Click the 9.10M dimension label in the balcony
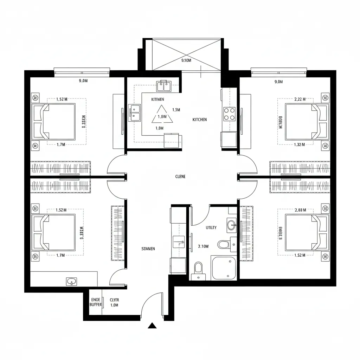186,60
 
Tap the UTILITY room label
211,227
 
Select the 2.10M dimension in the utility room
204,246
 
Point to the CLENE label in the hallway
180,176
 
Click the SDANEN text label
148,249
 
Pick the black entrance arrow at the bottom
152,326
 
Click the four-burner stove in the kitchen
230,114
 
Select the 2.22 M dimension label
300,99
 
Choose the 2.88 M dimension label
300,210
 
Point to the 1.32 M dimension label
300,144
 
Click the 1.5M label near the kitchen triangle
176,110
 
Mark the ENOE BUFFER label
96,302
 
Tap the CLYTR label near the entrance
114,300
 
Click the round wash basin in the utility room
232,225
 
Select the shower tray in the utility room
224,268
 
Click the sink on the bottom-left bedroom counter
72,281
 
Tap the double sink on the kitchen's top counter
164,85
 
